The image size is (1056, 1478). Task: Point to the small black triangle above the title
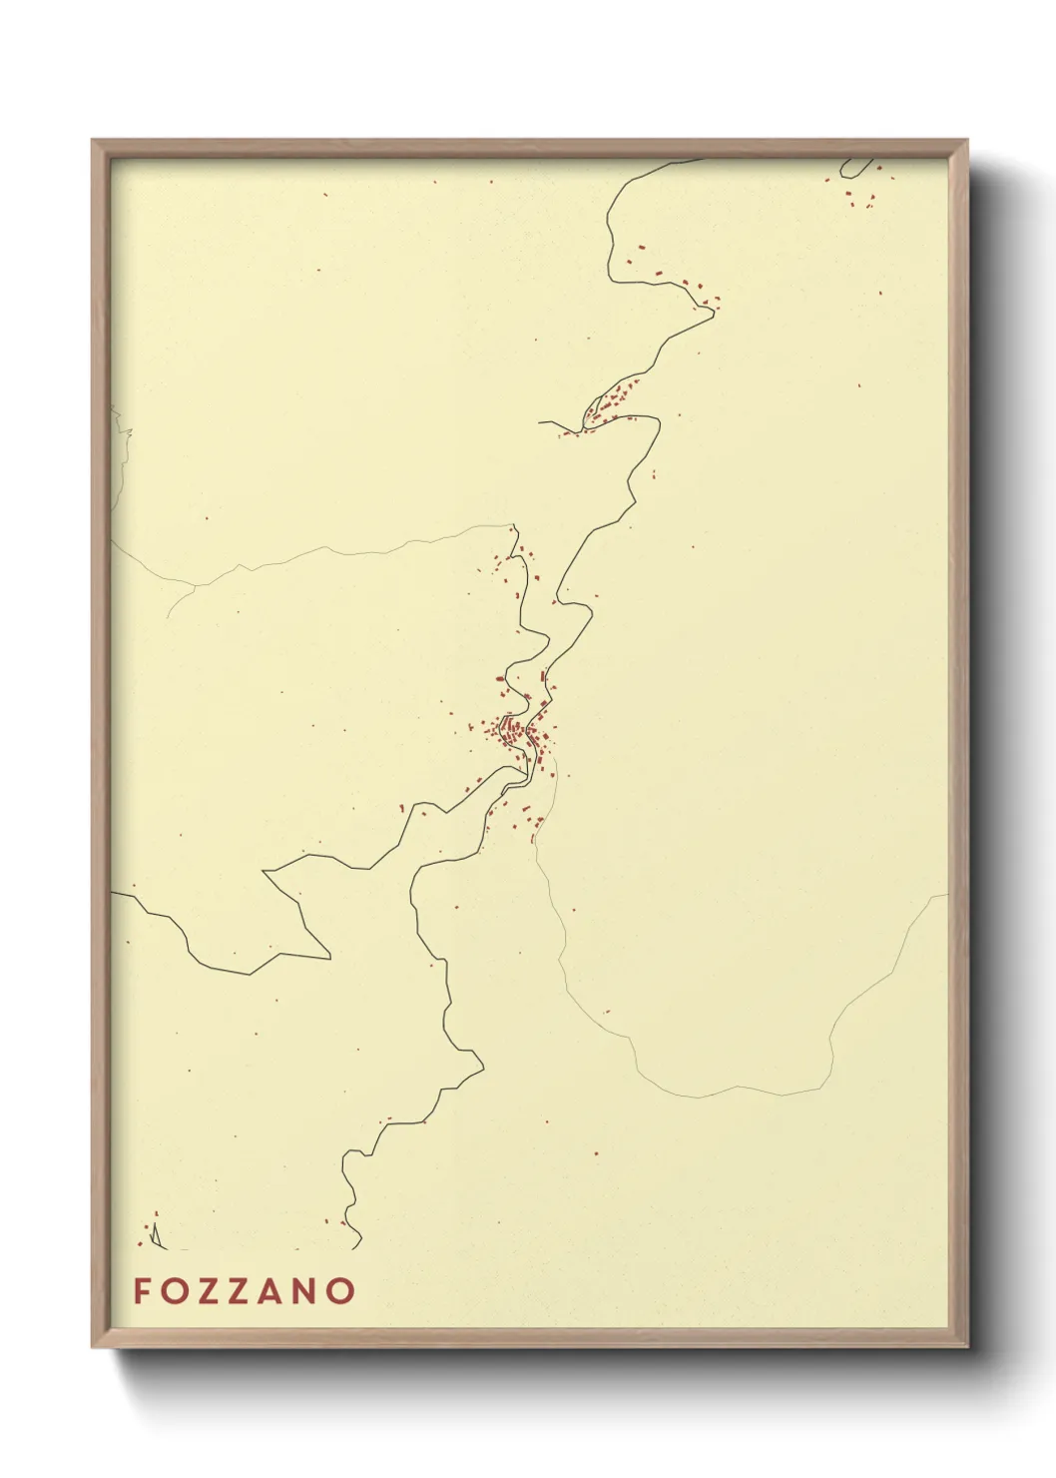(x=156, y=1237)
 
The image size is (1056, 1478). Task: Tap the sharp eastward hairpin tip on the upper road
(x=714, y=310)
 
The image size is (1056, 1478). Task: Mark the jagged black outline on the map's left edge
(x=122, y=439)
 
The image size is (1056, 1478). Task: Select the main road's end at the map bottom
(x=358, y=1246)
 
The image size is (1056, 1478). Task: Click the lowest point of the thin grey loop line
(x=699, y=1097)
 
